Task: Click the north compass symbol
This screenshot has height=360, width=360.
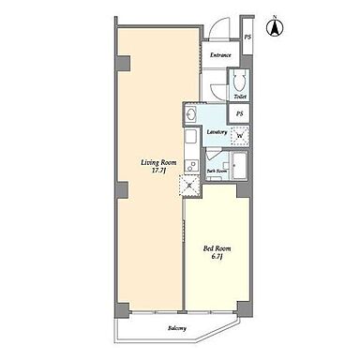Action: pos(275,27)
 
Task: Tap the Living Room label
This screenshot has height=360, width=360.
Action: pos(158,163)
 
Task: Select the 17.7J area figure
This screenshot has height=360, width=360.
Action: pos(158,171)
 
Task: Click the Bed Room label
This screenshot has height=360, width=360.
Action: pos(217,248)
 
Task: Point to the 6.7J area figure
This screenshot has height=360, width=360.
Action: pos(217,257)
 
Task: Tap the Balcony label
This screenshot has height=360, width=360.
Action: pos(177,328)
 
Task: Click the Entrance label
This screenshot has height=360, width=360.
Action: pos(220,55)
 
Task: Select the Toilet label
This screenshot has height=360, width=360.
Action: pos(240,97)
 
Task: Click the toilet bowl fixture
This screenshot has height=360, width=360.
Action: pos(240,82)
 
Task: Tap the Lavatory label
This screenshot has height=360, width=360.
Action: pos(217,132)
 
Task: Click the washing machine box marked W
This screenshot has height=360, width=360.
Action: pos(240,136)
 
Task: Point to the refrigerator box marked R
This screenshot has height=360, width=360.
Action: pos(189,186)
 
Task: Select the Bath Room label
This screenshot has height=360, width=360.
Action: pos(217,172)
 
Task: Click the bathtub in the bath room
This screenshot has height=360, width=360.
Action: pos(239,166)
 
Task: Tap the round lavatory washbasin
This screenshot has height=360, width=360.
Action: pos(190,114)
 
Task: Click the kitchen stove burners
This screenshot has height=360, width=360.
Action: pos(190,165)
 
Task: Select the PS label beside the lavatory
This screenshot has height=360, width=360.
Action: pos(239,114)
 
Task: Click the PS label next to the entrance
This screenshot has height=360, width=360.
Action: pos(247,37)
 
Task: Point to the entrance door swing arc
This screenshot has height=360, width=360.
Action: pos(216,26)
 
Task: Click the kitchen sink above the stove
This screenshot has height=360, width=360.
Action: pos(190,137)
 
